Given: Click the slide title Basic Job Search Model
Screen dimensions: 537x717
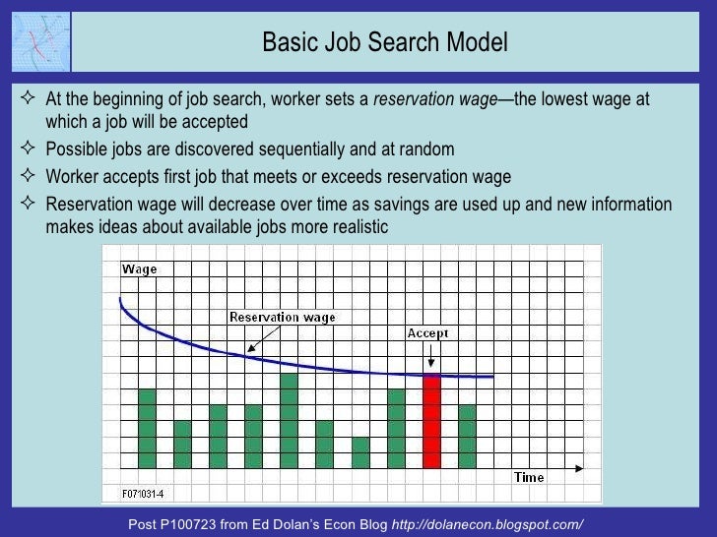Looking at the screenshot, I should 385,43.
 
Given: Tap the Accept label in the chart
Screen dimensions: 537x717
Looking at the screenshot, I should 427,333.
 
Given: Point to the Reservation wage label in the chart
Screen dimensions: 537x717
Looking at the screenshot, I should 282,317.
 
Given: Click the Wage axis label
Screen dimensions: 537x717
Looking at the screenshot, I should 139,269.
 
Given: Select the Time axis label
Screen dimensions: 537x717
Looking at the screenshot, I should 528,478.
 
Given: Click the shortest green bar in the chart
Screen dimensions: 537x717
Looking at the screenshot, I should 360,451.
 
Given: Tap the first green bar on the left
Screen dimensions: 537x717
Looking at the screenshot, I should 147,428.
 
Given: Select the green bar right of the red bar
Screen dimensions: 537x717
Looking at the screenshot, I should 467,436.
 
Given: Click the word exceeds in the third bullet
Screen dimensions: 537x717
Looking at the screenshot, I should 346,177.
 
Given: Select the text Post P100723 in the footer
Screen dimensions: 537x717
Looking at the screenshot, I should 176,524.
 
